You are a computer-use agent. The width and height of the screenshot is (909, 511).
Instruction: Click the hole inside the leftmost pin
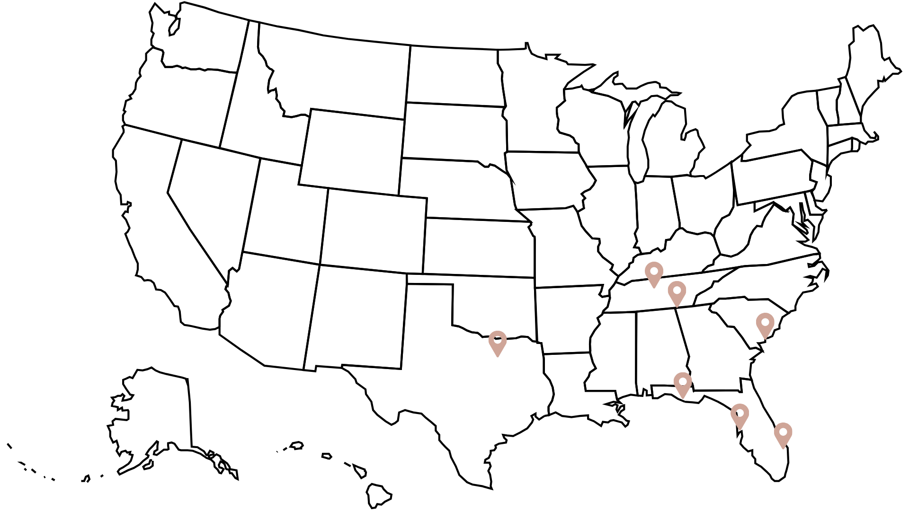click(x=498, y=340)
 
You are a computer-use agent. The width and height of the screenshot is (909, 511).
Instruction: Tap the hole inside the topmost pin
click(x=654, y=271)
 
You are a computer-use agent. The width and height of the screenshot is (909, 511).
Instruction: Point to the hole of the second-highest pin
click(x=677, y=290)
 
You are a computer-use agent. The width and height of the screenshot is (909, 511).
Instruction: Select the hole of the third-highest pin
click(x=765, y=322)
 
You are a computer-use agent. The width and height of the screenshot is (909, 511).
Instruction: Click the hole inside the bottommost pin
click(x=783, y=432)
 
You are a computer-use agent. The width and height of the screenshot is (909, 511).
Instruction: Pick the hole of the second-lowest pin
click(x=740, y=413)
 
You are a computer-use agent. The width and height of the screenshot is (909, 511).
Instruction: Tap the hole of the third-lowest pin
click(x=683, y=381)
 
